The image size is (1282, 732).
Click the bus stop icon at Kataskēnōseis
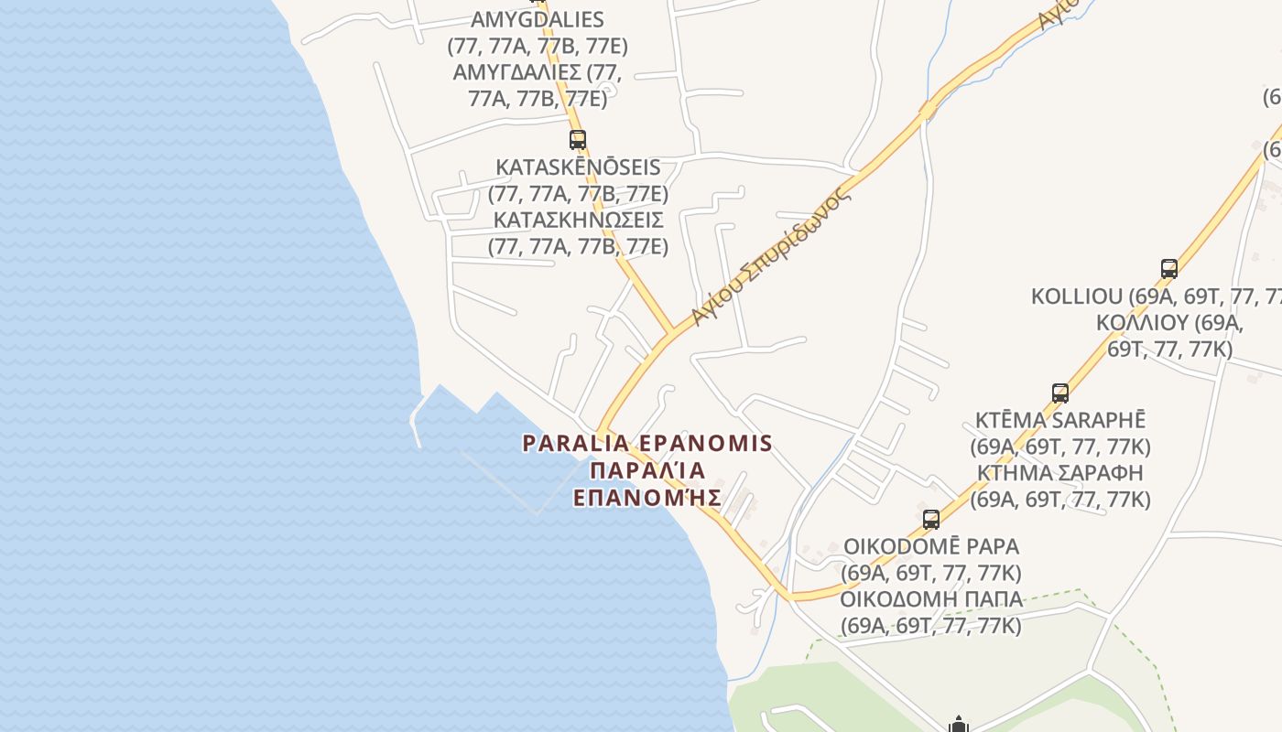tap(578, 140)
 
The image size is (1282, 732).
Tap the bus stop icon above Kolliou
tap(1169, 269)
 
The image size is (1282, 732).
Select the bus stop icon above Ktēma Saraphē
tap(1060, 393)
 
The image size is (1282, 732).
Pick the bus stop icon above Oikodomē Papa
tap(931, 520)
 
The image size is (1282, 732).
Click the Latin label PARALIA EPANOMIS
tap(647, 444)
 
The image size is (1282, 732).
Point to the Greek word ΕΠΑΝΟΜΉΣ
tap(647, 499)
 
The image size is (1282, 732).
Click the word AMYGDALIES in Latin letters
tap(538, 19)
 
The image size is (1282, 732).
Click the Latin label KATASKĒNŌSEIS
tap(578, 167)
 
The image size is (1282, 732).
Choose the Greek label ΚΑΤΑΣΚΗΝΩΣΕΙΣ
tap(578, 221)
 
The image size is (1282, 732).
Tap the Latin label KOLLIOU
tap(1077, 296)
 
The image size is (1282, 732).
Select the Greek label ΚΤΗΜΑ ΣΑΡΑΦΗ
tap(1060, 473)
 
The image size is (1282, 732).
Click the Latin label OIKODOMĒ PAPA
tap(931, 546)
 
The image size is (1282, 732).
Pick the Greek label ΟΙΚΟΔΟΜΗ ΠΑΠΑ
tap(931, 599)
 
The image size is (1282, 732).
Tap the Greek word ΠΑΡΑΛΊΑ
tap(647, 471)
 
